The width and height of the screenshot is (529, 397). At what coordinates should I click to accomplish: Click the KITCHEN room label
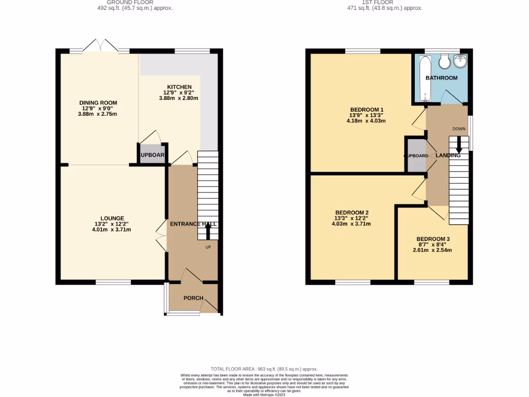point(179,87)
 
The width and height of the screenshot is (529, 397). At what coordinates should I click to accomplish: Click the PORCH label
point(194,298)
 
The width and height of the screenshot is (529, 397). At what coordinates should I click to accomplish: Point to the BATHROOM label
point(441,78)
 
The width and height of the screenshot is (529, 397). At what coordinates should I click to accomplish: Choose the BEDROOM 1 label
point(366,110)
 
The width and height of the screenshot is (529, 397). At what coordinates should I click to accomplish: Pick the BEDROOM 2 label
point(351,213)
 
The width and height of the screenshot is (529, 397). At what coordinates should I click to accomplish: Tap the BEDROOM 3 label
point(433,239)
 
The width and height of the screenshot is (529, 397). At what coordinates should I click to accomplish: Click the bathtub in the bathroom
point(424,79)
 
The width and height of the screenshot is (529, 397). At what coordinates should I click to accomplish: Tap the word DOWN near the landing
point(459,129)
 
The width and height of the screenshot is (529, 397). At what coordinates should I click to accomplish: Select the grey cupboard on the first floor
point(415,156)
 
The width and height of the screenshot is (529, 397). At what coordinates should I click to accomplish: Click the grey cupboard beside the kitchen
point(151,155)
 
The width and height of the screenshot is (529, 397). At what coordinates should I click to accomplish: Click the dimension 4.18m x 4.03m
point(366,121)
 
